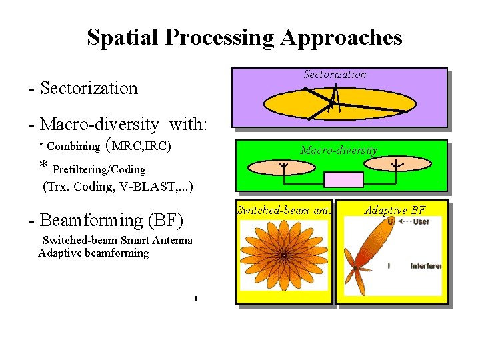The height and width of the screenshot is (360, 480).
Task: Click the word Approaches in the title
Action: pyautogui.click(x=341, y=37)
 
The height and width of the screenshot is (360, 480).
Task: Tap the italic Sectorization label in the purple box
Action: pyautogui.click(x=335, y=75)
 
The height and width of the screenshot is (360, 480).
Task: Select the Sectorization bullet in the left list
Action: pyautogui.click(x=83, y=88)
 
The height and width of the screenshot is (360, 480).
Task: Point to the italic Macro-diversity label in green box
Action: pyautogui.click(x=339, y=151)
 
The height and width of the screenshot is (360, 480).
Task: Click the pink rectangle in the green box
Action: pyautogui.click(x=343, y=179)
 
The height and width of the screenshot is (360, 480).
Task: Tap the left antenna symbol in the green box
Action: pyautogui.click(x=283, y=165)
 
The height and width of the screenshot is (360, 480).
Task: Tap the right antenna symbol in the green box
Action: pyautogui.click(x=397, y=165)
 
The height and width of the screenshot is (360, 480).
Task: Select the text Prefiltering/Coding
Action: pyautogui.click(x=99, y=169)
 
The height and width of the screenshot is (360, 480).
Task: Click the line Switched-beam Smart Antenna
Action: pyautogui.click(x=117, y=241)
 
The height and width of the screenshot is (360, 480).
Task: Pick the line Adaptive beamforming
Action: pyautogui.click(x=93, y=253)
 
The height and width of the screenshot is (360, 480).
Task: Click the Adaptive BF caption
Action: pyautogui.click(x=395, y=211)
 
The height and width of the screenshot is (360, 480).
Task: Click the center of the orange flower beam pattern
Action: pyautogui.click(x=284, y=255)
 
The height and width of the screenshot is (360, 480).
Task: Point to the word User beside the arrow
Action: pyautogui.click(x=421, y=221)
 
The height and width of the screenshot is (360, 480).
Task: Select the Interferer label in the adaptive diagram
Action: pyautogui.click(x=426, y=266)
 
